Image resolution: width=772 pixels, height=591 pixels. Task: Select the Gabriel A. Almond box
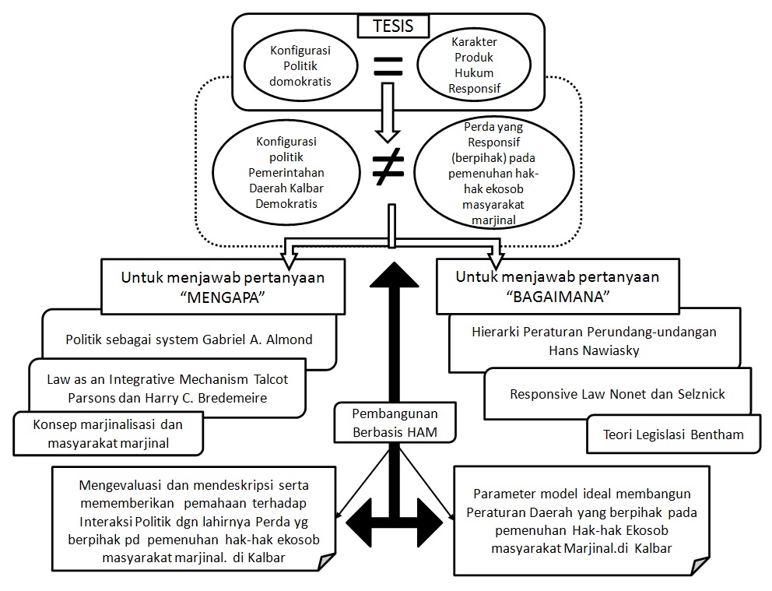click(190, 339)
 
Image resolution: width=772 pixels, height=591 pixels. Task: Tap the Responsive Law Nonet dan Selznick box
click(617, 394)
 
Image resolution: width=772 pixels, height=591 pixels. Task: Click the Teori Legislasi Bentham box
click(673, 434)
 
